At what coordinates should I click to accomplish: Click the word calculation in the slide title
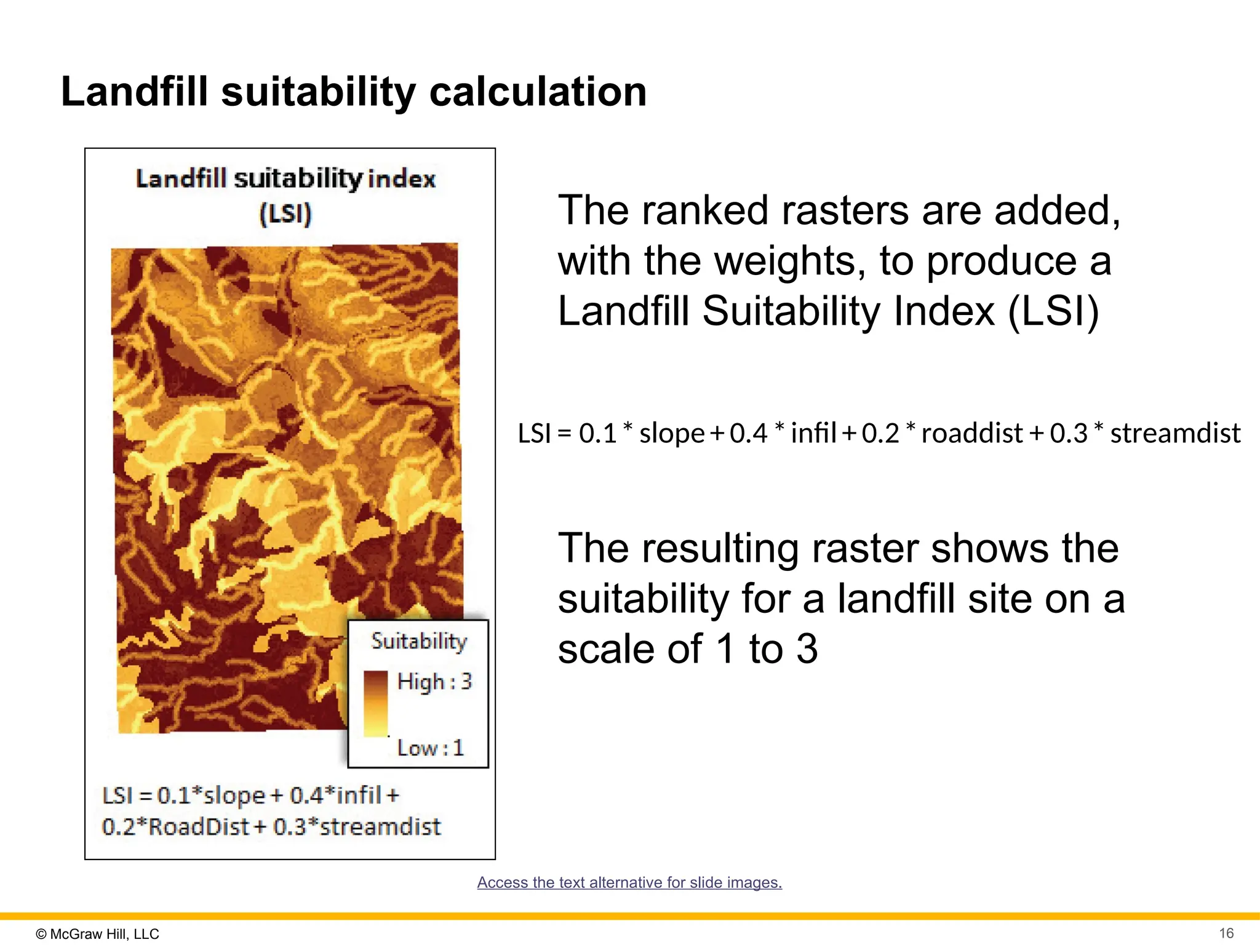click(537, 92)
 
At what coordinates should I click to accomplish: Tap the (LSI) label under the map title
click(285, 214)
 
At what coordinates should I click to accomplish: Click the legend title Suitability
click(419, 641)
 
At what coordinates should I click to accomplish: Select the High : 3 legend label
click(434, 682)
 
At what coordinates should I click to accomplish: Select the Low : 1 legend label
click(430, 748)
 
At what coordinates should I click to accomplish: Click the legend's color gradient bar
click(375, 703)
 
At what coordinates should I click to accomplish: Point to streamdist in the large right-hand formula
click(1174, 434)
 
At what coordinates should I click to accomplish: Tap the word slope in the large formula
click(672, 434)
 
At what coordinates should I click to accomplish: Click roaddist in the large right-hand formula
click(971, 434)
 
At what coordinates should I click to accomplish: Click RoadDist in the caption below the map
click(199, 827)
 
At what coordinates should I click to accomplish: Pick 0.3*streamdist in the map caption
click(357, 827)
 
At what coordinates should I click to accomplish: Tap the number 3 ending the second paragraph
click(807, 649)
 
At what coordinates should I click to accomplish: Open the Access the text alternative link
click(629, 882)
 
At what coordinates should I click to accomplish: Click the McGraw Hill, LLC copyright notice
click(98, 934)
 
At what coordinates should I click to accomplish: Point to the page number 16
click(1226, 933)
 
